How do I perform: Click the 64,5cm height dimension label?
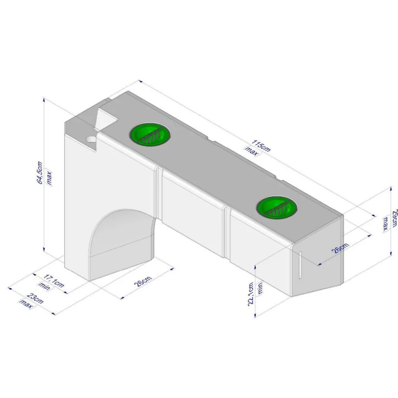point(40,173)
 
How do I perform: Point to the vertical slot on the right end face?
point(300,265)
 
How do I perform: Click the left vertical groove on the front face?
point(159,194)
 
